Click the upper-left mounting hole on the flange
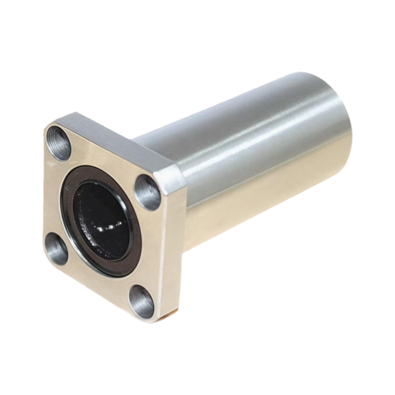coord(59,144)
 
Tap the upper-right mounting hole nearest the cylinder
coord(148,192)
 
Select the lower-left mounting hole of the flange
coord(57,249)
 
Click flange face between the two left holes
coord(54,197)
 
